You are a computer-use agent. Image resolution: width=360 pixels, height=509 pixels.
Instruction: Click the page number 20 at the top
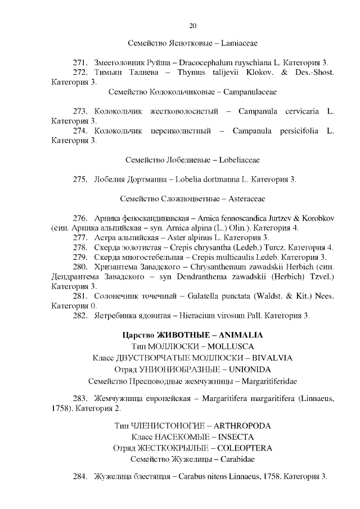[x=193, y=26]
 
